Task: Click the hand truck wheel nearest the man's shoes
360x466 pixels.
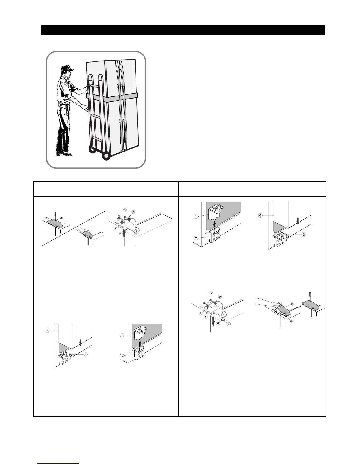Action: (93, 149)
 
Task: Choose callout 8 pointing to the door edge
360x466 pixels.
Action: (47, 331)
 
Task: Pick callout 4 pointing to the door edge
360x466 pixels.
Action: (260, 215)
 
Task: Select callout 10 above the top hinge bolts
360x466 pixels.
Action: (211, 292)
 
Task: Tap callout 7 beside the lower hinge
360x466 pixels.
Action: (85, 354)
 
